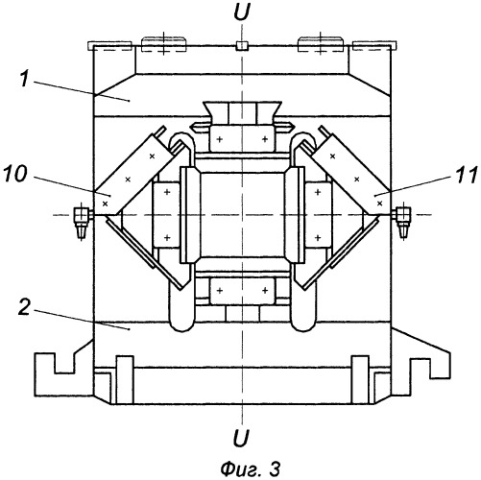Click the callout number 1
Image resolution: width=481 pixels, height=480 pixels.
point(25,80)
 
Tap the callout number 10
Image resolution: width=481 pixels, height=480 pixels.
point(15,175)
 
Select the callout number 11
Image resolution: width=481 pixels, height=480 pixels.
point(466,175)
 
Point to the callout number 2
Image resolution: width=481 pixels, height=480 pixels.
point(26,308)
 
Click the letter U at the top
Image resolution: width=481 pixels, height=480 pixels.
point(242,13)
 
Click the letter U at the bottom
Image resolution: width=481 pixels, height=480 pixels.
point(241,438)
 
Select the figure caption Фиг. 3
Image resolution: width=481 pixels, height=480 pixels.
point(251,469)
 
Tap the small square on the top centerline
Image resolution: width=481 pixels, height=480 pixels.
point(242,46)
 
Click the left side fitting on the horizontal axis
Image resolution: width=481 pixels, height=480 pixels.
point(83,221)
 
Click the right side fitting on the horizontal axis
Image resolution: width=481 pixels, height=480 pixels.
point(402,221)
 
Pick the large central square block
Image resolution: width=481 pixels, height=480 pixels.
point(242,215)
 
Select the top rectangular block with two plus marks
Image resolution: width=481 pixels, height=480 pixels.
point(242,138)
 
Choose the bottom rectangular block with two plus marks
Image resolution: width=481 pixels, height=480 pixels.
point(242,291)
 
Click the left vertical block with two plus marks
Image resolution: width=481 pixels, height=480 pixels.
point(166,215)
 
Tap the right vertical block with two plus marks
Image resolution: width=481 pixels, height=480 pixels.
point(319,215)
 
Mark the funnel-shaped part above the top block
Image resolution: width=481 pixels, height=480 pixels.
point(242,112)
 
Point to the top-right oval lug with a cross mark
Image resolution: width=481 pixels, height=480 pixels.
point(321,44)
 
